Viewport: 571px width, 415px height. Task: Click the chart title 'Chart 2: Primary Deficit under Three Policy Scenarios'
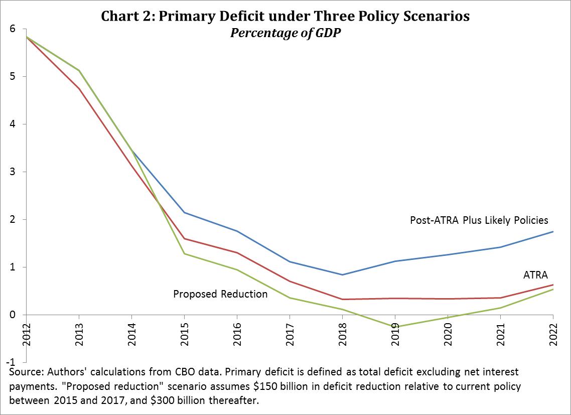tap(285, 16)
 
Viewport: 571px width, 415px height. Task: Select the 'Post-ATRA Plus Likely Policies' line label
tap(479, 220)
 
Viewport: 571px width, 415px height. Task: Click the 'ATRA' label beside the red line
tap(535, 274)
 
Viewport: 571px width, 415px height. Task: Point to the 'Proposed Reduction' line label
tap(220, 294)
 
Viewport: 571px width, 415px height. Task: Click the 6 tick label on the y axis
tap(12, 29)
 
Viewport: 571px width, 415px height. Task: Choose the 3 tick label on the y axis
tap(12, 172)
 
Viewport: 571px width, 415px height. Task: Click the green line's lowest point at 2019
tap(395, 326)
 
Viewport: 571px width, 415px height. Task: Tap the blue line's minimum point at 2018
tap(342, 274)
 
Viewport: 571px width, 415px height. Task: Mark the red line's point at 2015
tap(184, 238)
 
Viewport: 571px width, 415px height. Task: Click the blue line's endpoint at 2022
tap(553, 231)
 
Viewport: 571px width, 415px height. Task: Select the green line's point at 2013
tap(79, 70)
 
